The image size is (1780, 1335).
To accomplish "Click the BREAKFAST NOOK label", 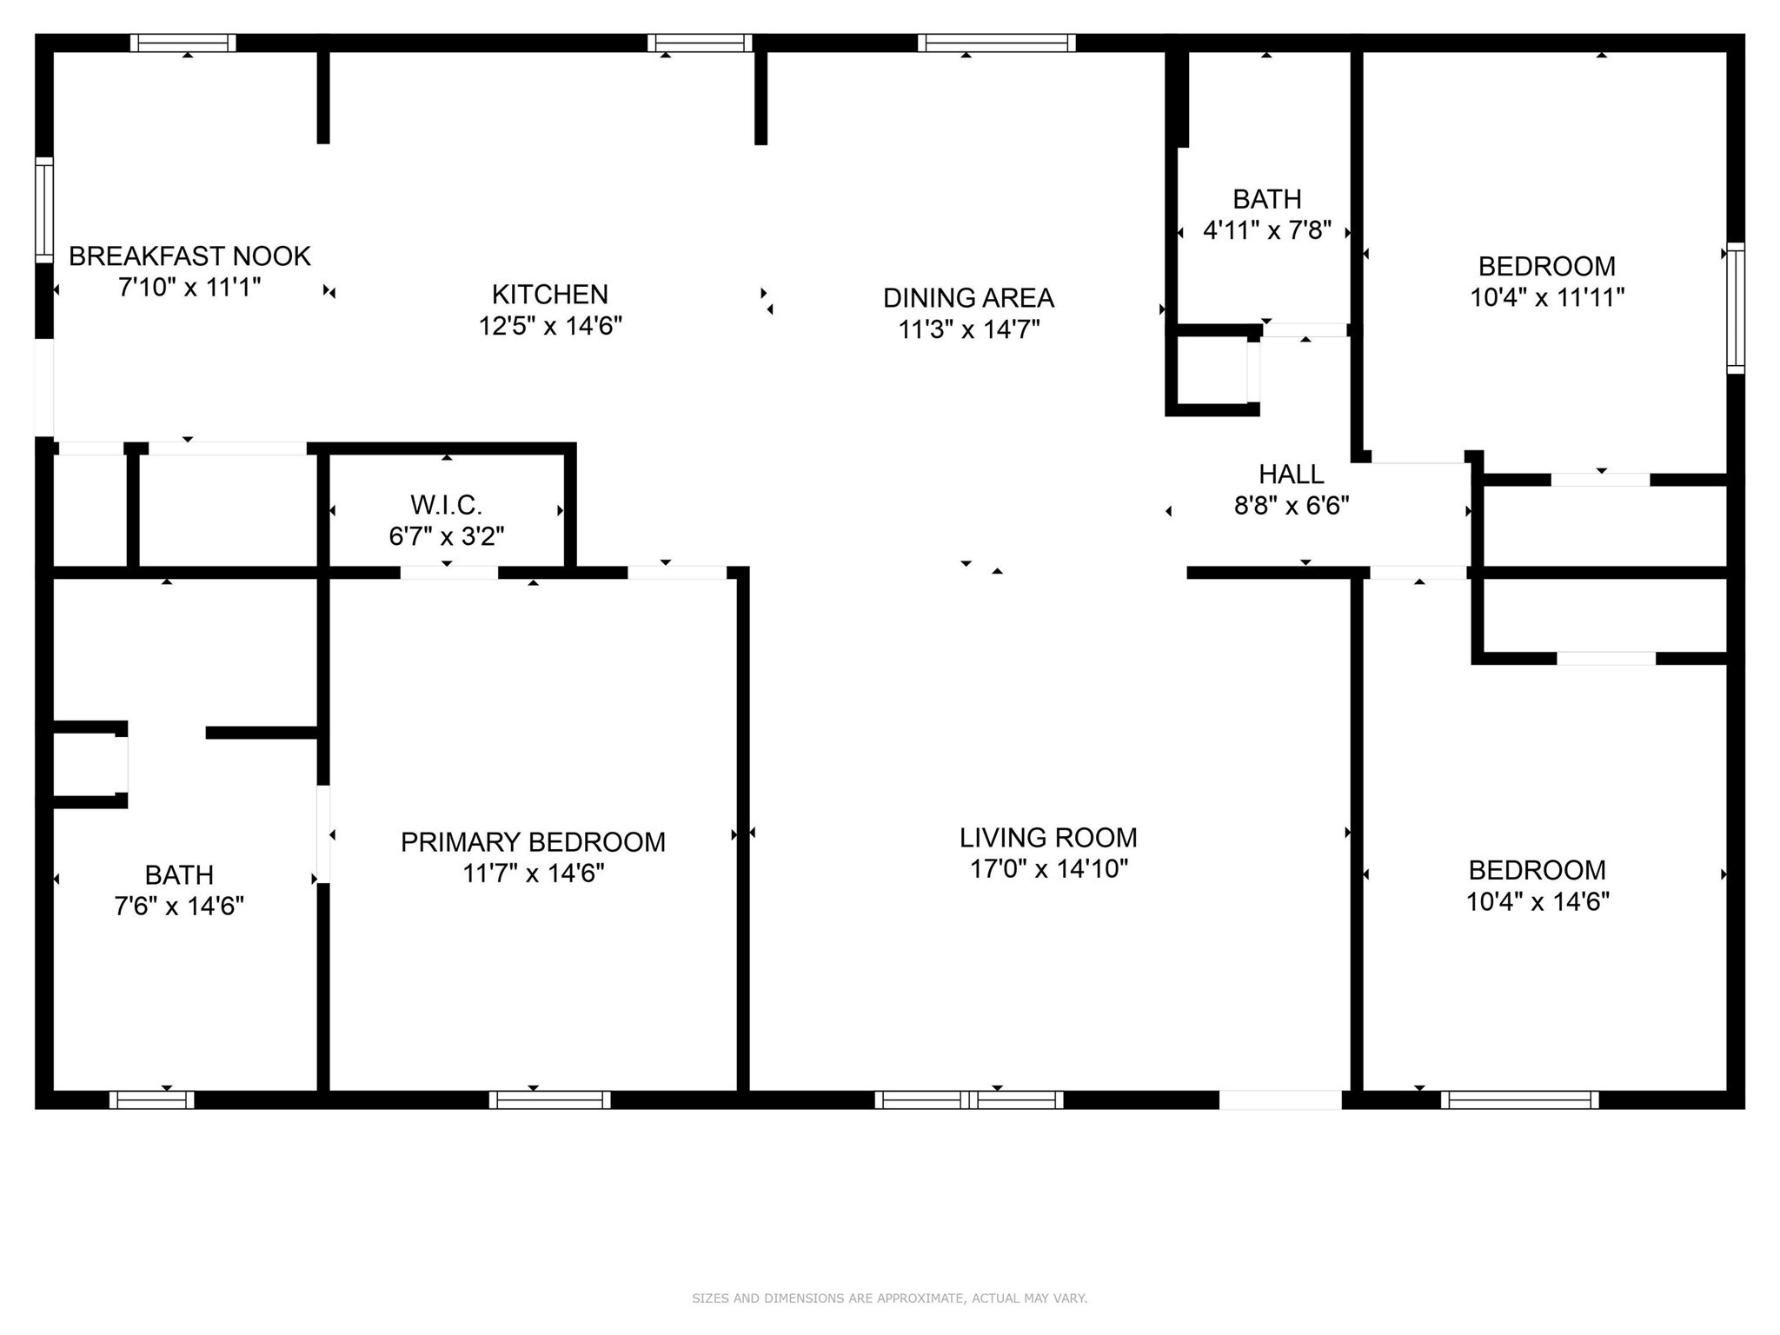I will pos(189,256).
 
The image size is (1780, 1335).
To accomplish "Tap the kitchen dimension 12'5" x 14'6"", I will pos(550,327).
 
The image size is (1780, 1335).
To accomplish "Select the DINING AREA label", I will pos(968,298).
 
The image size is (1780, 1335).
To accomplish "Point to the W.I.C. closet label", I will pos(446,505).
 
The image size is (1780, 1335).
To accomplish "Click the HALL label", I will pos(1291,475).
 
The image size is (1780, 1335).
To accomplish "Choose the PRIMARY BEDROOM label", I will pos(533,842).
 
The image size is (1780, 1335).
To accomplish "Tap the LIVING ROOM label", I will pos(1048,838).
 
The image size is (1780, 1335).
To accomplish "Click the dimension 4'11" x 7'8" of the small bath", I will pos(1266,231).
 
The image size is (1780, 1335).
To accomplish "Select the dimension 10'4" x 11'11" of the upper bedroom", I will pos(1546,298).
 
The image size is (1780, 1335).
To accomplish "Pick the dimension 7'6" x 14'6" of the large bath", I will pos(179,907).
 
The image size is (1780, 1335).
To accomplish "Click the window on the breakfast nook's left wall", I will pos(43,209).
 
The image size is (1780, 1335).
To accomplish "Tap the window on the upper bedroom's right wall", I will pos(1735,308).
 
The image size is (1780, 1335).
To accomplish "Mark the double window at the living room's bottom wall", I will pos(968,1099).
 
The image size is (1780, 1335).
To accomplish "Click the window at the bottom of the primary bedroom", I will pos(549,1099).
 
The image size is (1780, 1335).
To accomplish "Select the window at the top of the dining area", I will pos(996,43).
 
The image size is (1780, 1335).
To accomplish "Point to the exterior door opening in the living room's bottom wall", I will pos(1279,1099).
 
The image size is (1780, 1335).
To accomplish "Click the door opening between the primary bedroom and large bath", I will pos(323,834).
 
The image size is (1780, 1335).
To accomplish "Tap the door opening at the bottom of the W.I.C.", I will pos(448,572).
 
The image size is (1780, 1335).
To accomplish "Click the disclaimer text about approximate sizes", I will pos(889,1298).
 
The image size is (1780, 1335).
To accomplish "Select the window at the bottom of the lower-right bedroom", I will pos(1519,1099).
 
